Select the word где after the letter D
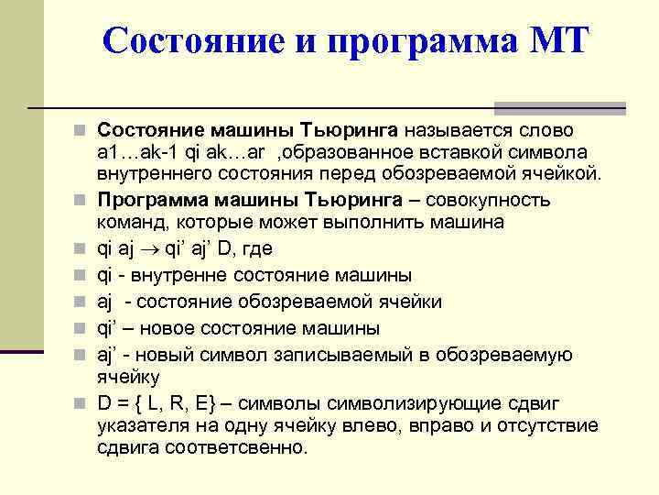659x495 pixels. pyautogui.click(x=259, y=248)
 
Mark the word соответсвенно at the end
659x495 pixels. pyautogui.click(x=245, y=448)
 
